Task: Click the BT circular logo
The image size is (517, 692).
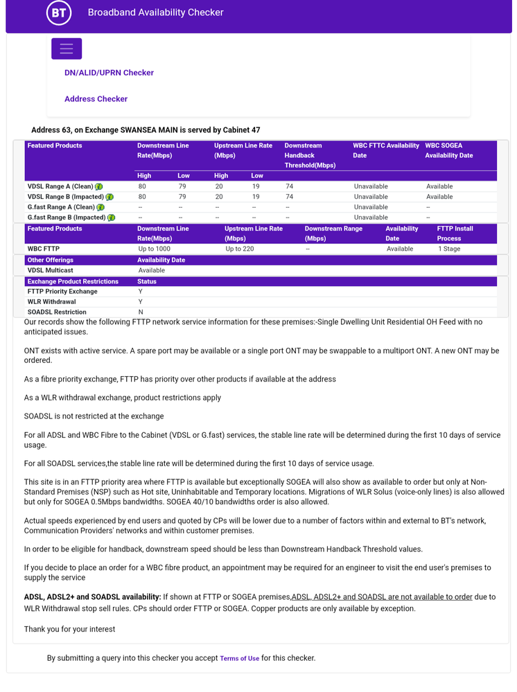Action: click(x=59, y=12)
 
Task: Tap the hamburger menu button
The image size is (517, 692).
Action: click(x=67, y=48)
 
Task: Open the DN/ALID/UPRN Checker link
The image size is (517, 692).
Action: click(x=109, y=73)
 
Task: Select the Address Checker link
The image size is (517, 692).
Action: click(x=96, y=99)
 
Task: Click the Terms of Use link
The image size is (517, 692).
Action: click(x=239, y=659)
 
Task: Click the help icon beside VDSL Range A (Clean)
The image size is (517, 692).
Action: click(x=99, y=187)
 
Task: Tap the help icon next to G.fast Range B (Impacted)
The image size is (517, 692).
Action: click(x=111, y=218)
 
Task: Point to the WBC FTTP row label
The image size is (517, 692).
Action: click(x=44, y=249)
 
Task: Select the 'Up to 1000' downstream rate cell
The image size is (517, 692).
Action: click(x=154, y=249)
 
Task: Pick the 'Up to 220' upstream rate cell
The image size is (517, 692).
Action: click(x=240, y=249)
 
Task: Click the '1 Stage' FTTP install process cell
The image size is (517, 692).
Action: click(x=449, y=249)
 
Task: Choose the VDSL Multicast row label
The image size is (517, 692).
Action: click(x=50, y=270)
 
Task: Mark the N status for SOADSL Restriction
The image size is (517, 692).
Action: click(x=141, y=312)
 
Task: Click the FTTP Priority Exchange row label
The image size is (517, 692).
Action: click(x=62, y=292)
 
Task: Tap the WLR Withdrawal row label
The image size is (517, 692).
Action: click(x=52, y=302)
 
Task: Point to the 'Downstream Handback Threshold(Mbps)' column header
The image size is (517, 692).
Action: click(x=310, y=156)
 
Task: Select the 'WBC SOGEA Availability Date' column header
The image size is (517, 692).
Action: click(x=448, y=150)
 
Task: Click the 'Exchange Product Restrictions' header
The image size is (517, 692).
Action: click(x=73, y=282)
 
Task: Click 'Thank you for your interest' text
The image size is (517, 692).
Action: click(x=69, y=629)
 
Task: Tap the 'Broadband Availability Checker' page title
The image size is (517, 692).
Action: click(x=155, y=12)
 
